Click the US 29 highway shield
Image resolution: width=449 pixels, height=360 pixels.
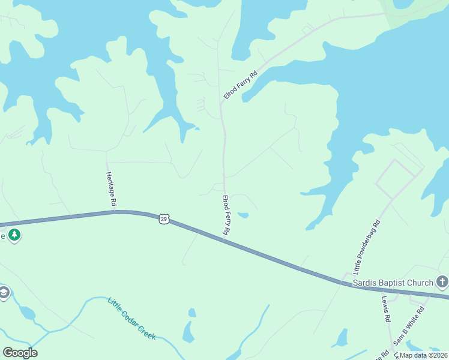[x=164, y=219]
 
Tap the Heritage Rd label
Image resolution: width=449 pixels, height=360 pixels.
[x=110, y=189]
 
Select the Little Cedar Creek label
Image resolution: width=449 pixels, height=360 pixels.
[x=131, y=319]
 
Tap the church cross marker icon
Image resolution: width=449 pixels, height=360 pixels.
[x=442, y=281]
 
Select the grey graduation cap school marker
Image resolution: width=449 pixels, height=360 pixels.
[x=3, y=293]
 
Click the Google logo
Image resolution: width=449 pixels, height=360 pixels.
[x=20, y=352]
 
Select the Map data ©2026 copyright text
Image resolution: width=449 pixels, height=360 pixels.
[x=424, y=355]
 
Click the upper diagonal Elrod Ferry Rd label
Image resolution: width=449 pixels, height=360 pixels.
[x=240, y=85]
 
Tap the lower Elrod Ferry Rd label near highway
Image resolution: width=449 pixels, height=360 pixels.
[x=227, y=214]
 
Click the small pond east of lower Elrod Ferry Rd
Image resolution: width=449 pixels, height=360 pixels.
[x=243, y=215]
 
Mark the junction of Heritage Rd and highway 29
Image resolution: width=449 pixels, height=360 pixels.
[x=115, y=212]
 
